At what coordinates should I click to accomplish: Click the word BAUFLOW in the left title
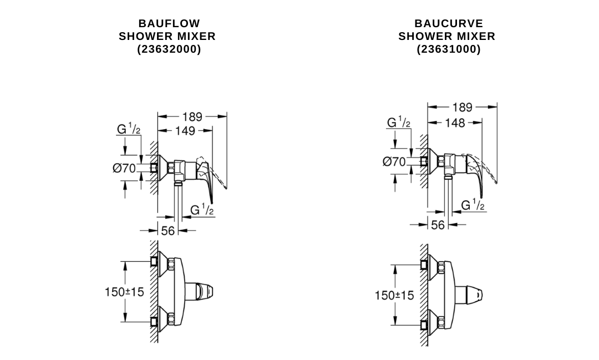169,23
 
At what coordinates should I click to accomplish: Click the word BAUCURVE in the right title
449,23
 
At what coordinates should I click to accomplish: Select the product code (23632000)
169,49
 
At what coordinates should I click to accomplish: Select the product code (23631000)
449,49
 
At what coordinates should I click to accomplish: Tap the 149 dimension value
185,131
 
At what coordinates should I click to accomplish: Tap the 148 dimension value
455,123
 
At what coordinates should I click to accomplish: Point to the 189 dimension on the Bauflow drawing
192,116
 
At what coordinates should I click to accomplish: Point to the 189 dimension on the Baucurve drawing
462,107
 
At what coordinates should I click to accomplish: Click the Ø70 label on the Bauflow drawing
124,168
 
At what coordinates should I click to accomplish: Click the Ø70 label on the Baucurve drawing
394,161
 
